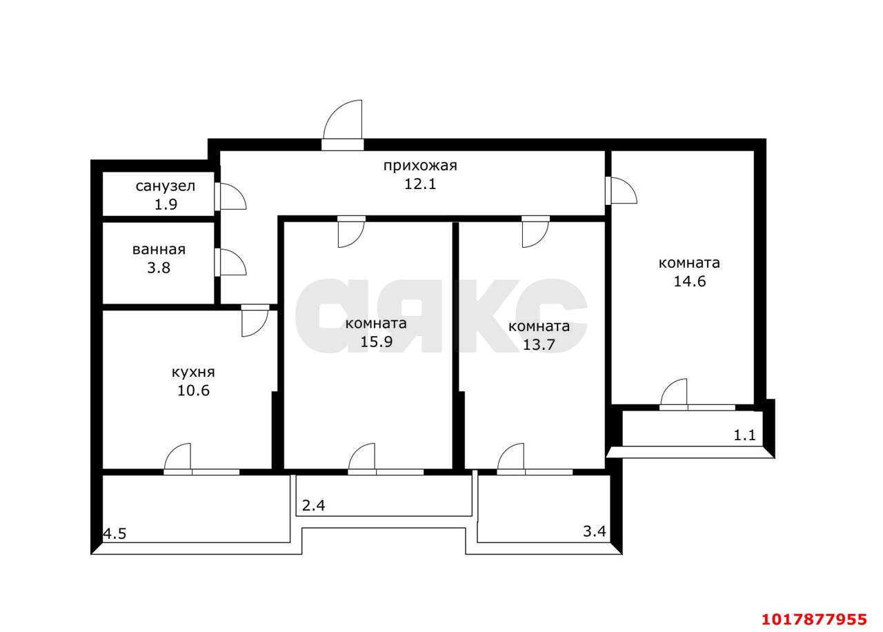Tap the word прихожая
pyautogui.click(x=420, y=166)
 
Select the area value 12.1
pyautogui.click(x=420, y=184)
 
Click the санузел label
pyautogui.click(x=165, y=186)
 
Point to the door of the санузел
pyautogui.click(x=231, y=196)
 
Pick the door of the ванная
pyautogui.click(x=231, y=262)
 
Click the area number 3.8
pyautogui.click(x=159, y=268)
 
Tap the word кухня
pyautogui.click(x=193, y=372)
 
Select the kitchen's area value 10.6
pyautogui.click(x=193, y=391)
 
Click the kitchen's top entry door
pyautogui.click(x=255, y=321)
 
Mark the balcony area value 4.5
pyautogui.click(x=115, y=534)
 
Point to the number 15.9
pyautogui.click(x=377, y=342)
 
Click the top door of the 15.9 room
pyautogui.click(x=351, y=232)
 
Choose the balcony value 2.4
pyautogui.click(x=313, y=506)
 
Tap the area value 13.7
pyautogui.click(x=539, y=344)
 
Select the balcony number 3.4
pyautogui.click(x=594, y=531)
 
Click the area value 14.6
pyautogui.click(x=689, y=281)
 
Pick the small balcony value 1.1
pyautogui.click(x=744, y=435)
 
